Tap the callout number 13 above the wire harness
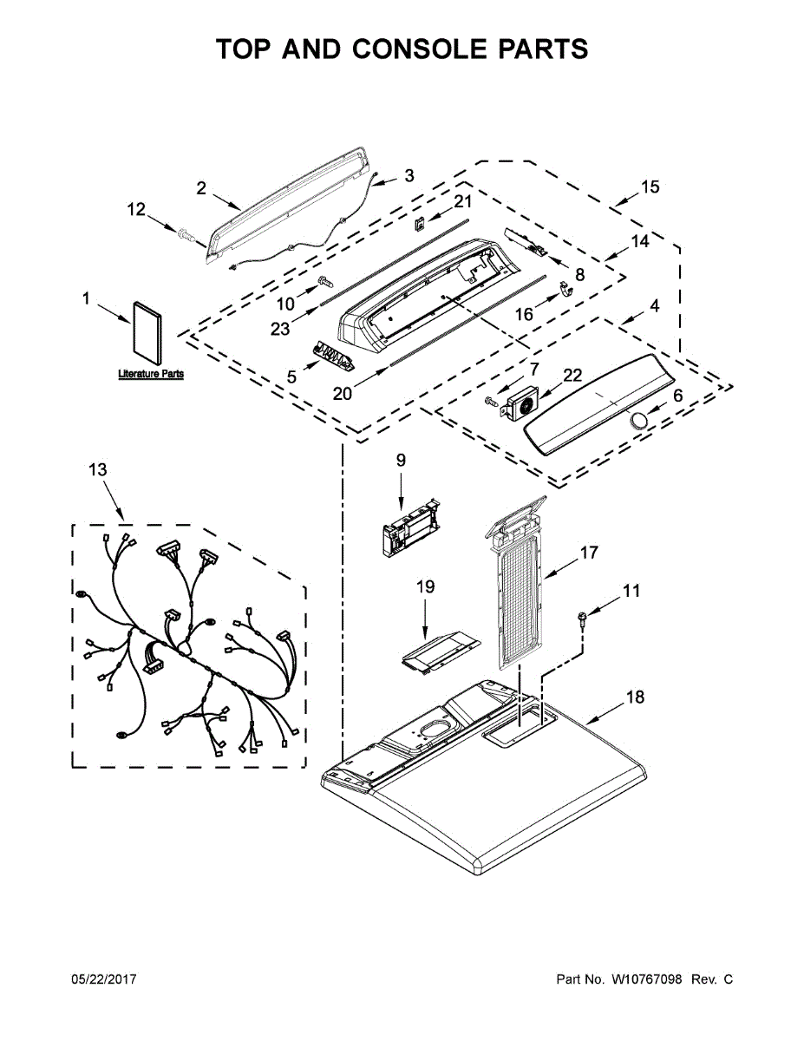98,469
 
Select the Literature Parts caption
151,374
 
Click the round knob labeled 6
639,422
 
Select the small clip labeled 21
419,223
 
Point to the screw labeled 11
583,618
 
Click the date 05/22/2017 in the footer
103,979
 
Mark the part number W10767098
647,979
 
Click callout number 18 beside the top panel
636,697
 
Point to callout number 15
650,187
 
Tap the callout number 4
654,306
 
